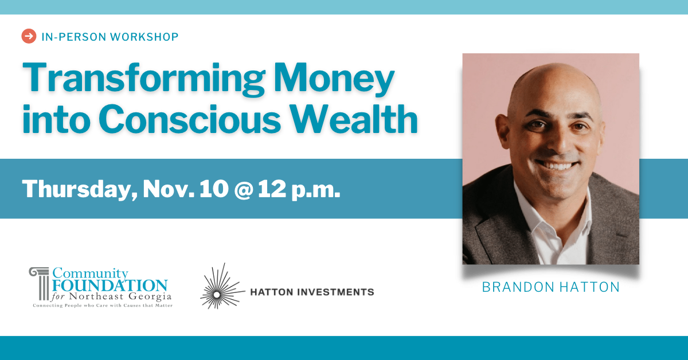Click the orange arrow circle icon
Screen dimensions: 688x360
tap(29, 36)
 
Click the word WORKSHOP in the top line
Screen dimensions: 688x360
tap(144, 37)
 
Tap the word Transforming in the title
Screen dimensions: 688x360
tap(144, 79)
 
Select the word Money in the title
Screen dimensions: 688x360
tap(334, 79)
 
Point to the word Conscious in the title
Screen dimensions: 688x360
tap(190, 119)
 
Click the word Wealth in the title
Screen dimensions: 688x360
tap(354, 119)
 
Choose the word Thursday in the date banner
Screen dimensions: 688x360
tap(80, 190)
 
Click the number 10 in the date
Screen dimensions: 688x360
tap(214, 189)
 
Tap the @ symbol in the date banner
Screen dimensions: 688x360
tap(244, 189)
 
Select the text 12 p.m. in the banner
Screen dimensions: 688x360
tap(299, 190)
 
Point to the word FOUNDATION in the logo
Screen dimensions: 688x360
tap(110, 285)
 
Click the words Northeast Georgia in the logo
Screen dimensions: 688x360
tap(120, 297)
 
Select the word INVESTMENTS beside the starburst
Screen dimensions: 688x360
tap(336, 292)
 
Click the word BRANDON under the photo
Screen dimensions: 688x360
tap(518, 287)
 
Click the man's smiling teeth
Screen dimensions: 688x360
tap(557, 166)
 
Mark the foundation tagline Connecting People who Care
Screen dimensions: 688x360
tap(71, 306)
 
